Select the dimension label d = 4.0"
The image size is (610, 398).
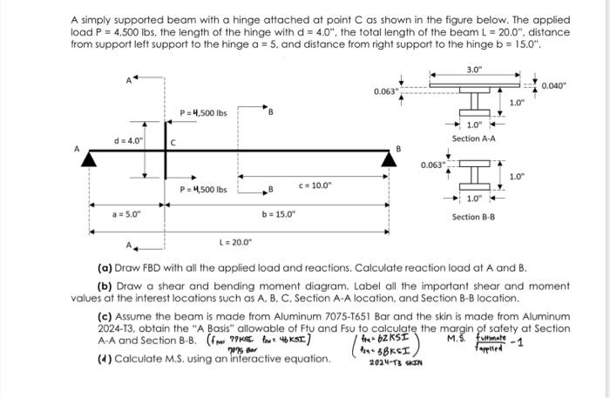[128, 140]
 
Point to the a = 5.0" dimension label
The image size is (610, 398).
[125, 213]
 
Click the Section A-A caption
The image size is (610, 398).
[473, 139]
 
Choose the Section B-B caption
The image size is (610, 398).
[473, 217]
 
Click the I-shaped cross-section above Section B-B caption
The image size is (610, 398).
[473, 175]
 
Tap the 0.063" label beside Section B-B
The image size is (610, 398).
[433, 164]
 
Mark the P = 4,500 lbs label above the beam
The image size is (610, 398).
[203, 113]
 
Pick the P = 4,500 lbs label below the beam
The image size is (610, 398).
[203, 190]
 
